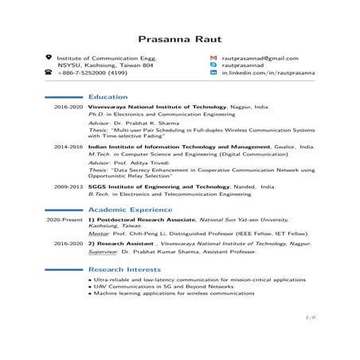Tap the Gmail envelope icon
pyautogui.click(x=213, y=58)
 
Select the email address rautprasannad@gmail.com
pyautogui.click(x=259, y=58)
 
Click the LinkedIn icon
pyautogui.click(x=213, y=72)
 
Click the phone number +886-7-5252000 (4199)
pyautogui.click(x=92, y=72)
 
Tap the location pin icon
pyautogui.click(x=49, y=58)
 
